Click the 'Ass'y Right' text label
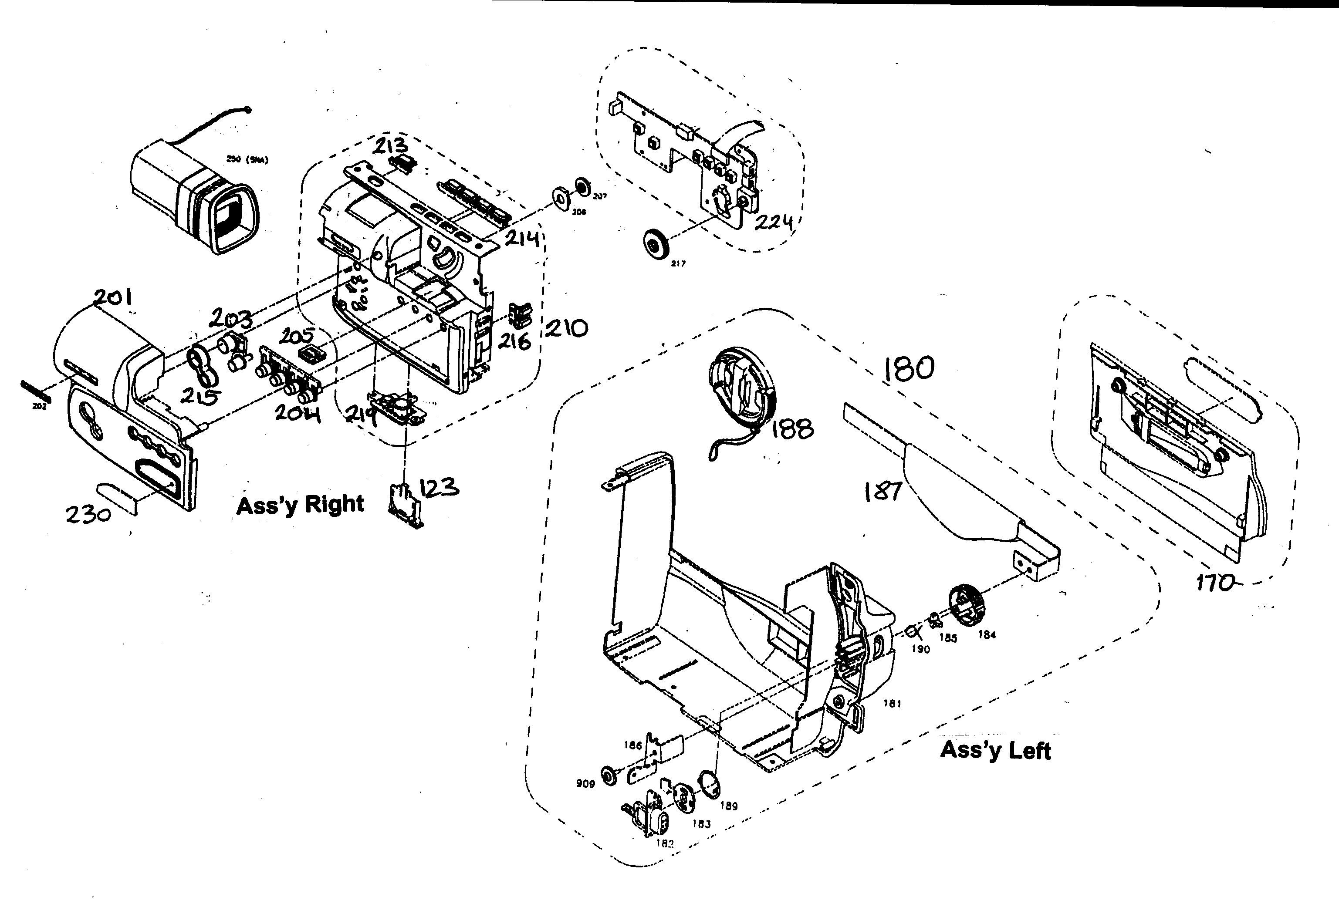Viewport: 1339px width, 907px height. coord(300,505)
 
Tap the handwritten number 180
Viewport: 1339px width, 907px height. coord(909,368)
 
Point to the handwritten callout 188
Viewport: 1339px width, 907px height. coord(792,428)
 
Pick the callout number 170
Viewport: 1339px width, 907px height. coord(1214,583)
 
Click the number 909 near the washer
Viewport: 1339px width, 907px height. coord(585,784)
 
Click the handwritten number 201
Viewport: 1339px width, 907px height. coord(113,298)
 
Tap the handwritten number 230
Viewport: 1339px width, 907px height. coord(88,514)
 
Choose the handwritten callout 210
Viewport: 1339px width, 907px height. coord(566,328)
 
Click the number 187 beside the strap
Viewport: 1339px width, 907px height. coord(882,491)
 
